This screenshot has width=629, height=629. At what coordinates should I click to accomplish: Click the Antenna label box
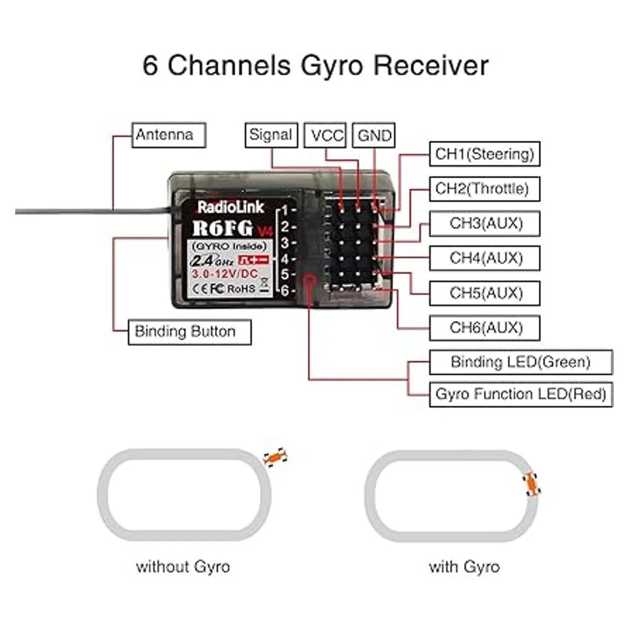(x=168, y=135)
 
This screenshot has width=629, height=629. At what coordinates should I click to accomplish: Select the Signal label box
(x=270, y=135)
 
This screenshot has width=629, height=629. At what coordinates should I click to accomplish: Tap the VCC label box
(x=326, y=136)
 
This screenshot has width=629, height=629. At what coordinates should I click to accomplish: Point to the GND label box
(x=374, y=136)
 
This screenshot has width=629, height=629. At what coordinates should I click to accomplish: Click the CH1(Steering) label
(x=484, y=154)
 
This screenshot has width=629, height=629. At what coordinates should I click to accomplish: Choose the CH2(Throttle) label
(x=482, y=189)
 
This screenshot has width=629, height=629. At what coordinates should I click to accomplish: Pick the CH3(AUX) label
(x=485, y=224)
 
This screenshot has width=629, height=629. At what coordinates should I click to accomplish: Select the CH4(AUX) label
(x=485, y=258)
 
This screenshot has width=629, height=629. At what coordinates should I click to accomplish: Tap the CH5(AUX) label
(x=485, y=293)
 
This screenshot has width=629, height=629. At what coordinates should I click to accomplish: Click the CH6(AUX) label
(x=485, y=328)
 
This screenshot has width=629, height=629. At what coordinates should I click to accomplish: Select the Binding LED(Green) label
(x=520, y=362)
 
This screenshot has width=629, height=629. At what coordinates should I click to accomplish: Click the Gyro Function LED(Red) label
(x=520, y=394)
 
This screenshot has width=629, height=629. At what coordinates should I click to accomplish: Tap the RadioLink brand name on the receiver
(x=231, y=207)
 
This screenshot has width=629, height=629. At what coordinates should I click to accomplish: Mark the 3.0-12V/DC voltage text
(x=224, y=274)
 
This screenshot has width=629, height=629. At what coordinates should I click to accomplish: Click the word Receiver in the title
(x=430, y=66)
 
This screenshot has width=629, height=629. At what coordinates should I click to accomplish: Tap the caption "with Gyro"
(x=464, y=567)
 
